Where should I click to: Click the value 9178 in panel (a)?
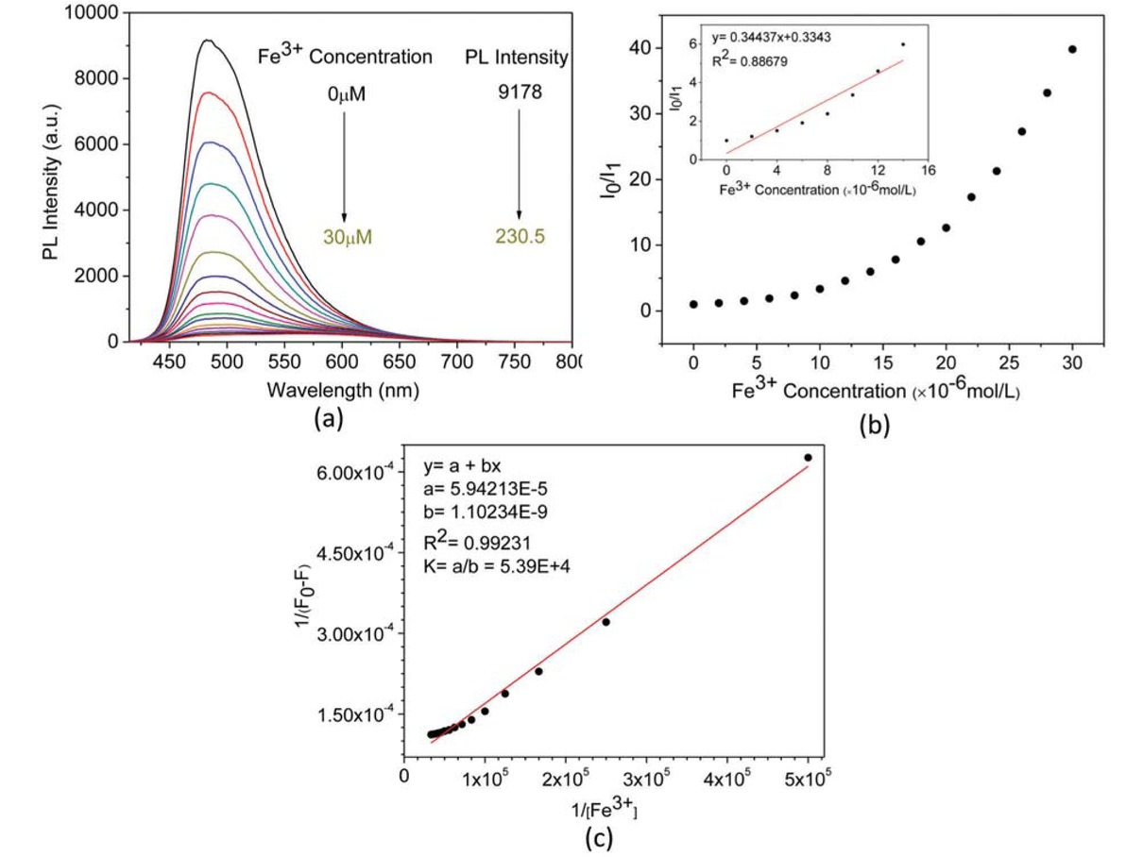pos(517,92)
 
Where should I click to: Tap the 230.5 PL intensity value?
pos(518,237)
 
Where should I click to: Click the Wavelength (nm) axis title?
pos(343,388)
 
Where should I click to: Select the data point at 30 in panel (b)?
pos(1072,49)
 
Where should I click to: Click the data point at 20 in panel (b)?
pos(946,227)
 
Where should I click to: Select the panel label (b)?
pos(873,426)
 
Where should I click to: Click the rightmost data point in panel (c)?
pos(808,458)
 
